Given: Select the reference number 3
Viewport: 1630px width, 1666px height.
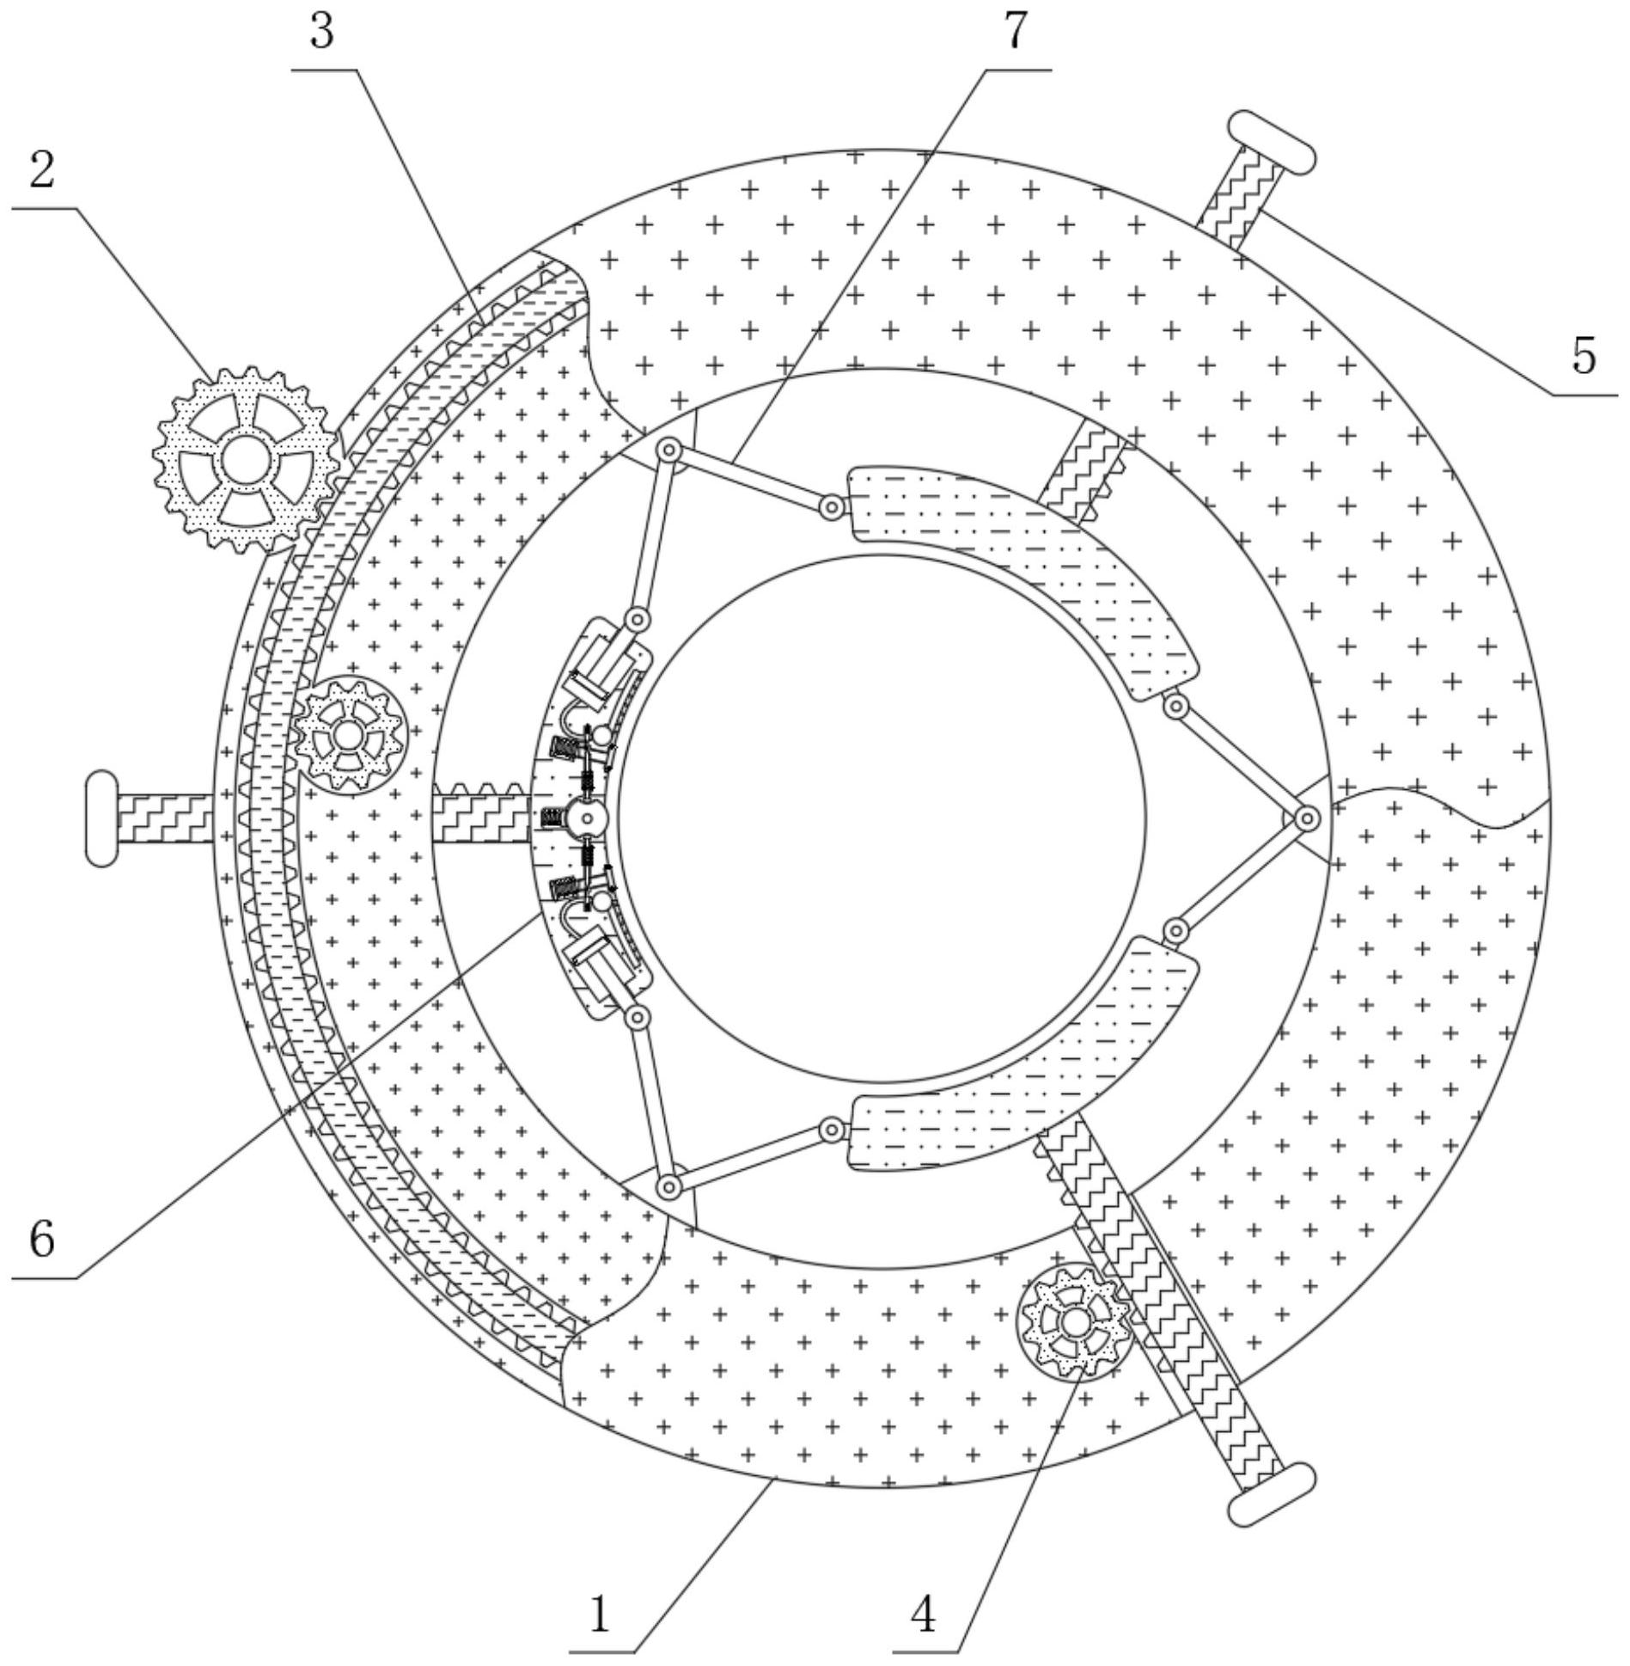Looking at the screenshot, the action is [x=321, y=32].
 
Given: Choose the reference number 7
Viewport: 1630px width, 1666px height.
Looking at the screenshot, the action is [x=1016, y=32].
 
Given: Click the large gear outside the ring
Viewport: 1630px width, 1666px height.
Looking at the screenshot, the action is [x=246, y=458].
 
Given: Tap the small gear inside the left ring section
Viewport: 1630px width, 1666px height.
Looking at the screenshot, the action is [x=349, y=735].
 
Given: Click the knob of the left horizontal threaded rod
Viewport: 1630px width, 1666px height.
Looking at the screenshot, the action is [x=101, y=818].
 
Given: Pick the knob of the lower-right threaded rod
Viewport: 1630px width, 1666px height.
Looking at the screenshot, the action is [x=1272, y=1494].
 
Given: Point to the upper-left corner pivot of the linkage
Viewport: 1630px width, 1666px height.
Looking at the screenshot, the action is [x=668, y=450].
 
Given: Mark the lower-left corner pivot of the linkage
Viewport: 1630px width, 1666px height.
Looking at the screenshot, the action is [x=668, y=1187].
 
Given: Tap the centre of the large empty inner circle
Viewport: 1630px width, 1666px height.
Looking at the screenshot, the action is [x=882, y=818].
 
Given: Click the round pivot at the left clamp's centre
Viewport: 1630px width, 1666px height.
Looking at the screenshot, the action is [x=588, y=818].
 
